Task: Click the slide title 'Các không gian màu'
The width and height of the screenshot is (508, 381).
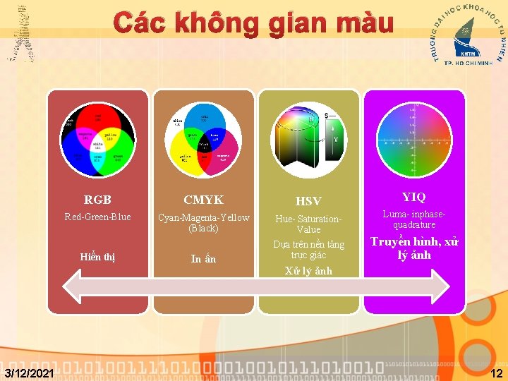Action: (x=254, y=24)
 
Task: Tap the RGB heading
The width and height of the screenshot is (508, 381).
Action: (x=97, y=200)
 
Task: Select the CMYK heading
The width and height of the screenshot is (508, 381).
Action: (x=203, y=200)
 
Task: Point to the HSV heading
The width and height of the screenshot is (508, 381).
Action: (x=308, y=202)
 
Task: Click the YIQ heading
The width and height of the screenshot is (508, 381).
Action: (x=413, y=196)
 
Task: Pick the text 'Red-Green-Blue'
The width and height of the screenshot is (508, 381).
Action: (x=97, y=217)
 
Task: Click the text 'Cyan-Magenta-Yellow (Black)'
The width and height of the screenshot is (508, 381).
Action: (x=203, y=223)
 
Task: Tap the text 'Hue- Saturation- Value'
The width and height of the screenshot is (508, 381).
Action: (x=308, y=224)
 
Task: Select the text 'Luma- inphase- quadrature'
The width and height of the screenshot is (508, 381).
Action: (x=413, y=219)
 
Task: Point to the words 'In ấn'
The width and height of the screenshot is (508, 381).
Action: (x=203, y=259)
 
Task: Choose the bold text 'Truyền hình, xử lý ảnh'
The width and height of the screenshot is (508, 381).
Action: (x=413, y=248)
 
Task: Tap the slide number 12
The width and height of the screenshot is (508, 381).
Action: (x=497, y=373)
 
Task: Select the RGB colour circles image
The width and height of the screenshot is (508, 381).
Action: (x=97, y=140)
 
